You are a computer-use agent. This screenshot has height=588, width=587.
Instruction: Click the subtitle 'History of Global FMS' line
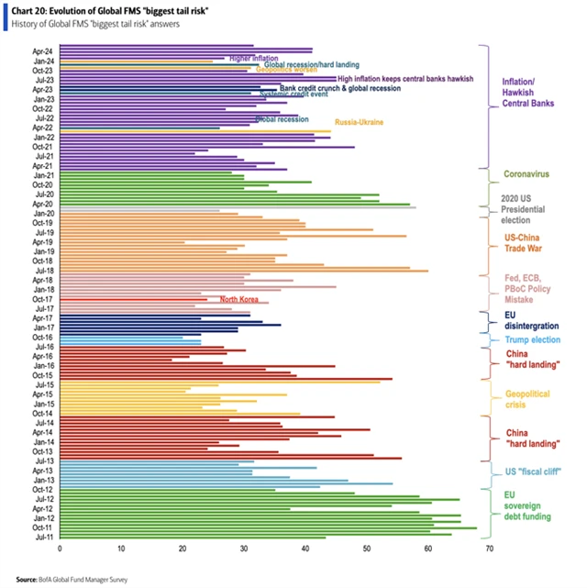95,24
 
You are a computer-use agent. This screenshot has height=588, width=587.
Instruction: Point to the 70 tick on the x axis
490,549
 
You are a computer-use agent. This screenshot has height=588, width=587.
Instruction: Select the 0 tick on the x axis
60,549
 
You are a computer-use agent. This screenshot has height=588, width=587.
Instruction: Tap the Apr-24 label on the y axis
42,50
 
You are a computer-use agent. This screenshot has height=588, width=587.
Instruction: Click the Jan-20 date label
42,212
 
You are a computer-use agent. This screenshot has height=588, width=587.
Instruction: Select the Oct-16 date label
42,337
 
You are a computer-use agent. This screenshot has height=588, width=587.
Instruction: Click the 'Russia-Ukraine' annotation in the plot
359,122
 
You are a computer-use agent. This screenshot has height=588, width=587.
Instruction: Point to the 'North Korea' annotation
238,299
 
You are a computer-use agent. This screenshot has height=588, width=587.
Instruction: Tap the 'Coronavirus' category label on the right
527,173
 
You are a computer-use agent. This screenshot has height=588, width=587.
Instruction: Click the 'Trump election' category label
532,340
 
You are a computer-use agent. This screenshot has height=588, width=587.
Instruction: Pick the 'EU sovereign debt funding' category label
526,504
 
